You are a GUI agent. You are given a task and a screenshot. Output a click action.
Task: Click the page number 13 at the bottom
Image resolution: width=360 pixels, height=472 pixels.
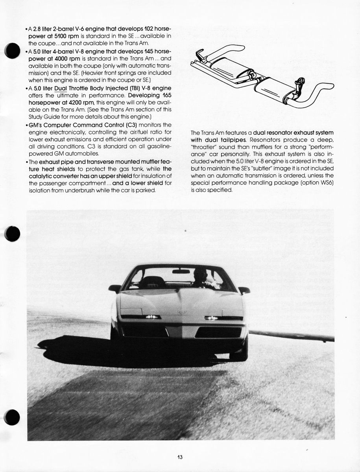179,457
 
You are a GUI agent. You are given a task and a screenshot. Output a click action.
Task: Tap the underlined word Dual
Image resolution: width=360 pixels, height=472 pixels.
61,88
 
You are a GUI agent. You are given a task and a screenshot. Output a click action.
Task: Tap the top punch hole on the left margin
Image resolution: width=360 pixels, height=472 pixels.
12,51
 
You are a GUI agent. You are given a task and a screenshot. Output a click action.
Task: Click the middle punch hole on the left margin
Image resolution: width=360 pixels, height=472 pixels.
12,234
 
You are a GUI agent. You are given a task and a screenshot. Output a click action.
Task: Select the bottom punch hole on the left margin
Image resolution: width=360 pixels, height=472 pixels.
12,417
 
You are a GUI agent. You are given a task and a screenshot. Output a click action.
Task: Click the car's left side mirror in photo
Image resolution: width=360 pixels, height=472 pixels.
114,288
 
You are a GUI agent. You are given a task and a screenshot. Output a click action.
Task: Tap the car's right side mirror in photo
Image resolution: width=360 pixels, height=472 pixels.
244,290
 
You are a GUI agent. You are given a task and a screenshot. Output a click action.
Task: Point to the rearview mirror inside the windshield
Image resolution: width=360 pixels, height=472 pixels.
181,271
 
